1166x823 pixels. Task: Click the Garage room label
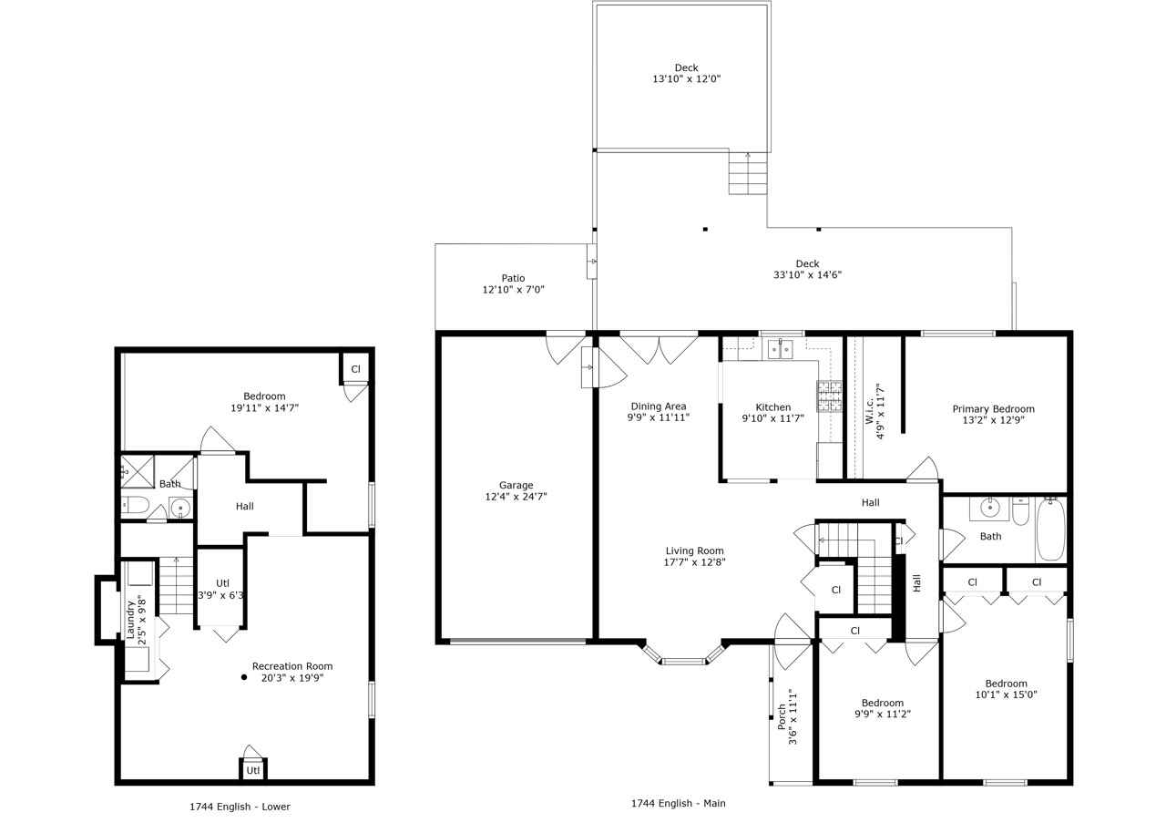tap(516, 485)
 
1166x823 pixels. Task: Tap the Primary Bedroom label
tap(993, 409)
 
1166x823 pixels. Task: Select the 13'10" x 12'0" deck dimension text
tap(686, 79)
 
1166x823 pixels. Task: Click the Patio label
tap(513, 278)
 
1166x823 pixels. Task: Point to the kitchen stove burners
tap(829, 396)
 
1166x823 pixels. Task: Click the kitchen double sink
tap(780, 349)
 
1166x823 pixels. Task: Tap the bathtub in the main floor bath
tap(1050, 530)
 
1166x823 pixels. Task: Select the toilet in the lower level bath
tap(136, 505)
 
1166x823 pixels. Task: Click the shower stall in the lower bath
tap(138, 471)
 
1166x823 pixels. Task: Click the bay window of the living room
tap(683, 659)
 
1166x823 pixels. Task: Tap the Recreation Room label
tap(292, 666)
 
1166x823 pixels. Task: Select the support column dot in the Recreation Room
tap(244, 677)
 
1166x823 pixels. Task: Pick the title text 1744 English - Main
tap(678, 803)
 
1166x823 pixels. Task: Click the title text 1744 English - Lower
tap(240, 807)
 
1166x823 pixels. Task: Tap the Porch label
tap(782, 716)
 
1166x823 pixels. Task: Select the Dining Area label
tap(658, 406)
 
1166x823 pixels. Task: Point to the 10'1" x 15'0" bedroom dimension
tap(1006, 694)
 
